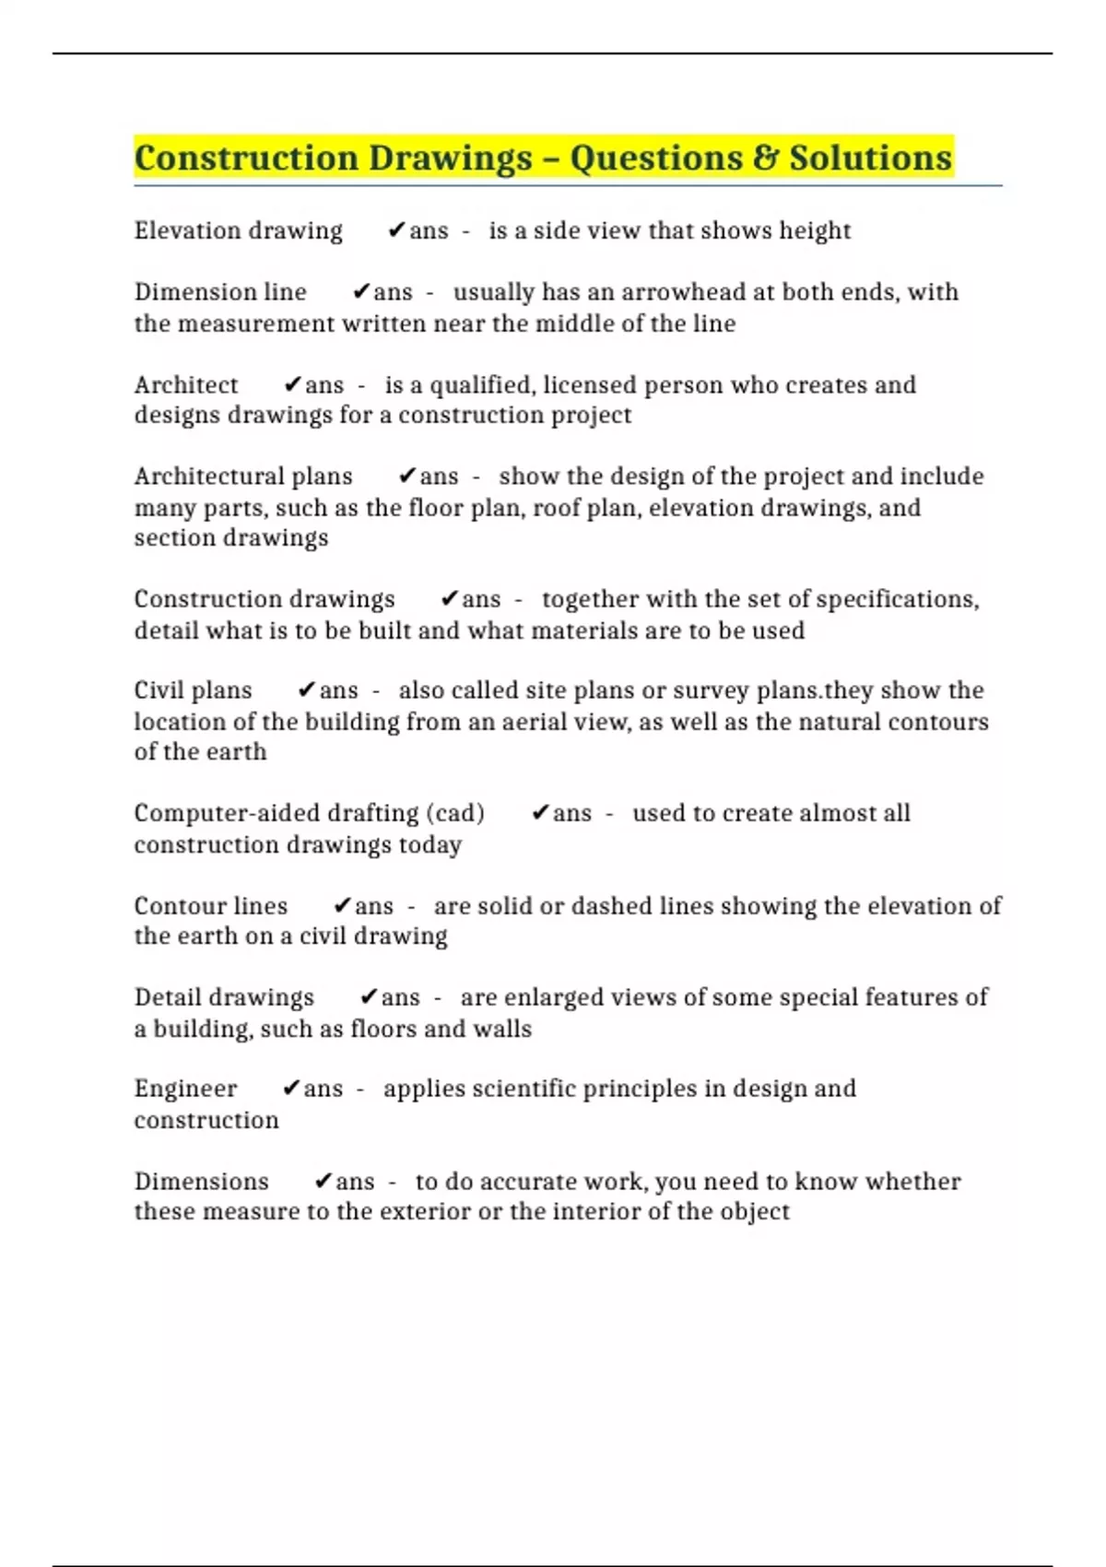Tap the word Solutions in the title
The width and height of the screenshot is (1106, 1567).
870,158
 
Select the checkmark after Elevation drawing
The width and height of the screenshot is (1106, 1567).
397,230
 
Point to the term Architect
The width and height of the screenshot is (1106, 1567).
186,384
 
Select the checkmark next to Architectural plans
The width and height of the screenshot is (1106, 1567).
407,476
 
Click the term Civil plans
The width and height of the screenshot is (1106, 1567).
193,690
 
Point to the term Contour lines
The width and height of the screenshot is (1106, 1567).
211,906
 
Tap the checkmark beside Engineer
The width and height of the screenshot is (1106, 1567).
291,1089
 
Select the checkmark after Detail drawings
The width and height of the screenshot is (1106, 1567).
369,997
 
